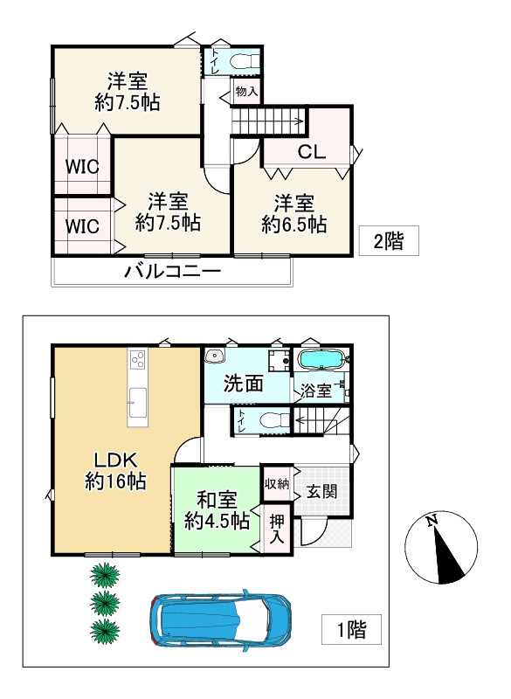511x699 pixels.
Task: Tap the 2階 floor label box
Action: pos(389,241)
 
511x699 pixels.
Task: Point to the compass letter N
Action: pos(432,523)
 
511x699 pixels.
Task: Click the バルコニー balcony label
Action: pos(172,271)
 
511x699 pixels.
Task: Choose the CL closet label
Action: pos(312,151)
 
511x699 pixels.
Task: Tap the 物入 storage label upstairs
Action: pos(245,90)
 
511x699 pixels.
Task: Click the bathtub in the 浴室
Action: pos(323,360)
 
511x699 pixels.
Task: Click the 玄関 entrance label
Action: pos(321,492)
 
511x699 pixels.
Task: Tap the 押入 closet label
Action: pos(277,529)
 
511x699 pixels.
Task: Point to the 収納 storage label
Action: pos(277,483)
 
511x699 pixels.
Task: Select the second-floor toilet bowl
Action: pos(245,61)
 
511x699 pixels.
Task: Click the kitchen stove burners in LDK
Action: pos(137,358)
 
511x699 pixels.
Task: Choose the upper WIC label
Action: pos(81,166)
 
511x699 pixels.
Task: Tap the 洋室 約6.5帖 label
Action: pos(294,214)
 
